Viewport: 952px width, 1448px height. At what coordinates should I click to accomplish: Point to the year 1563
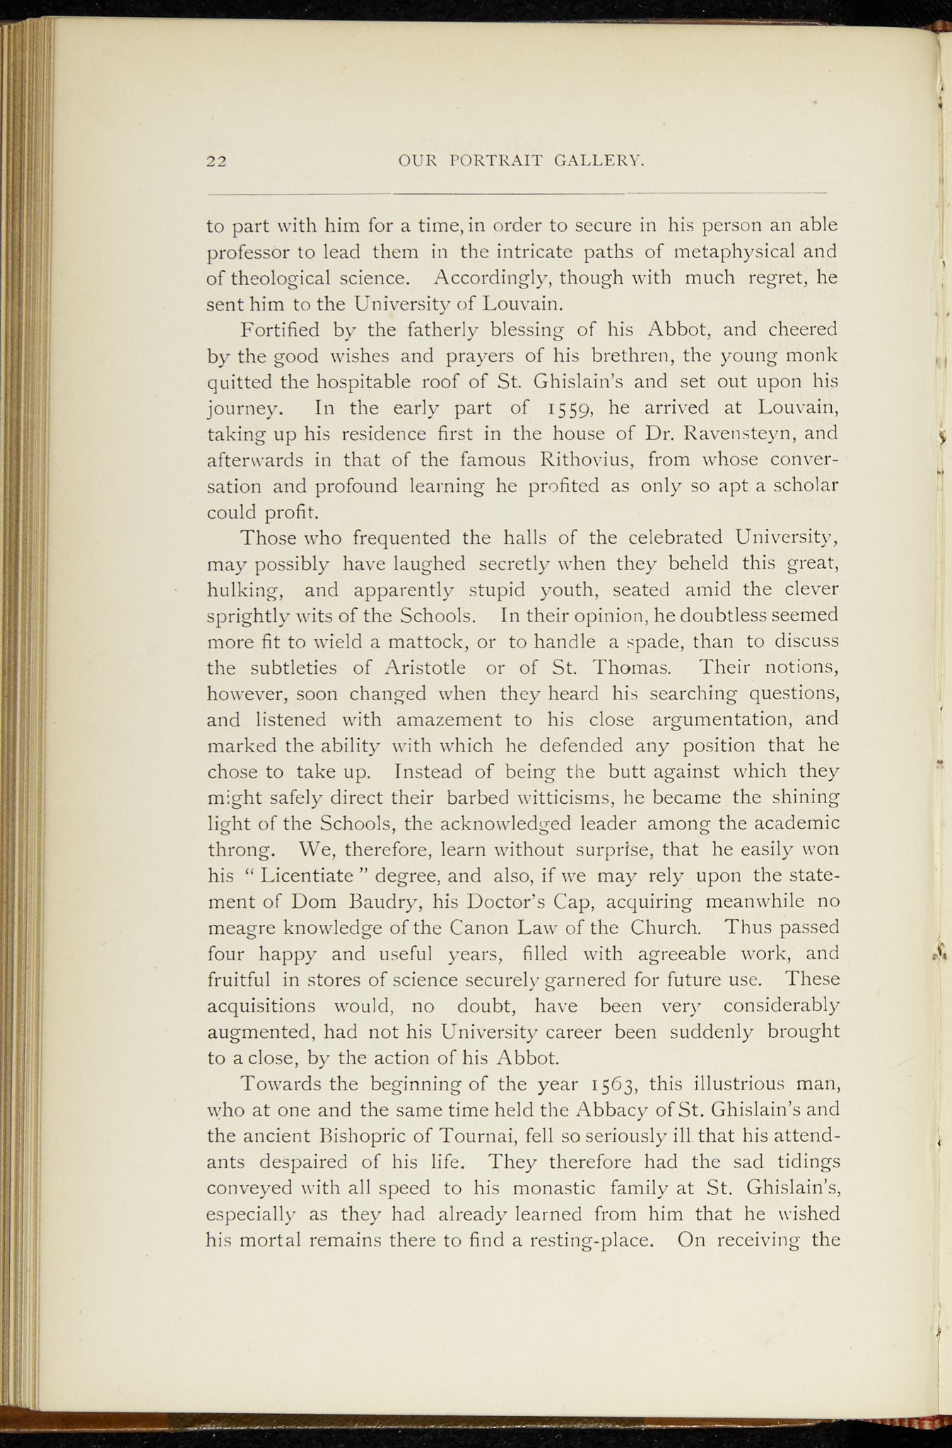(x=613, y=1084)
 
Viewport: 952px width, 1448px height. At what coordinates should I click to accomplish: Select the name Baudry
(x=386, y=901)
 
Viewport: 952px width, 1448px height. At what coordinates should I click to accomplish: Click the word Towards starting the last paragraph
(x=281, y=1084)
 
